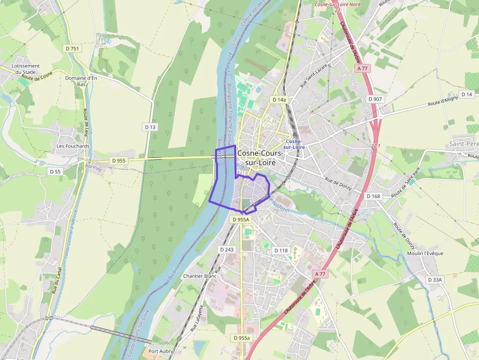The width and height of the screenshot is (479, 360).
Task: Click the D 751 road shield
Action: (x=72, y=48)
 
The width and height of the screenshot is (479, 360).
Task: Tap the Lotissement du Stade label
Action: (x=26, y=69)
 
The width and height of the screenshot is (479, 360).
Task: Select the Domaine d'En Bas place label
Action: (x=81, y=81)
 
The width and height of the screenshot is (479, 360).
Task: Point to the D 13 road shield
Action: (x=150, y=127)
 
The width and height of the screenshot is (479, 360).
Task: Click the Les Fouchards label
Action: (x=73, y=146)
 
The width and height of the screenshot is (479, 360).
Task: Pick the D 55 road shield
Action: (x=55, y=171)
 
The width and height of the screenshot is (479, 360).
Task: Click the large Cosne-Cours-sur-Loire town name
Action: (x=260, y=157)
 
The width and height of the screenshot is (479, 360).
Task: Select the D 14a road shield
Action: (x=279, y=100)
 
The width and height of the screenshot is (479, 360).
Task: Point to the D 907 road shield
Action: (x=375, y=99)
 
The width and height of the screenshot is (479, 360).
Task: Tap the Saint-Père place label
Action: (x=463, y=144)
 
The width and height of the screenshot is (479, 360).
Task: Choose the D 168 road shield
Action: (x=373, y=196)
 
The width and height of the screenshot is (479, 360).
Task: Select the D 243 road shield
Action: (x=227, y=250)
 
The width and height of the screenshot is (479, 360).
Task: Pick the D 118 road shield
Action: (x=281, y=251)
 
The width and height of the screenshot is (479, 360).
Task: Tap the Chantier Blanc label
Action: (x=199, y=276)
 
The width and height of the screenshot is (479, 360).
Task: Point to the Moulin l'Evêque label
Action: (x=425, y=253)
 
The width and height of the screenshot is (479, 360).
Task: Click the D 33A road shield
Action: (x=435, y=280)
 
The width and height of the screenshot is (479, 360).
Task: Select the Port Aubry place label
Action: (x=160, y=351)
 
